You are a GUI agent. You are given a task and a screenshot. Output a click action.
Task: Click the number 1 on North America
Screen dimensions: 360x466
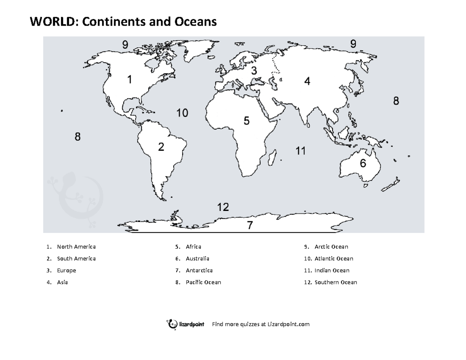pos(129,80)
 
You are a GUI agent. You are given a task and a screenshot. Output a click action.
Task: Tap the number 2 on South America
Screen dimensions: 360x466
pos(161,147)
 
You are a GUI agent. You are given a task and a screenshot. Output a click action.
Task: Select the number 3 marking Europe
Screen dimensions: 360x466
pos(254,71)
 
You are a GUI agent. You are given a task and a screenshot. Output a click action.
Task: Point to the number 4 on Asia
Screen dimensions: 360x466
pos(307,82)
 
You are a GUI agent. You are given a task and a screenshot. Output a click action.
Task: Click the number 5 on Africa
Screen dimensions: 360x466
pos(246,121)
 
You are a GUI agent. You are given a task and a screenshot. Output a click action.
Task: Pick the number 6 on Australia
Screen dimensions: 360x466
pos(362,163)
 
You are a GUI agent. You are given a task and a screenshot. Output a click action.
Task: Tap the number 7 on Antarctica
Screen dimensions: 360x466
pos(250,225)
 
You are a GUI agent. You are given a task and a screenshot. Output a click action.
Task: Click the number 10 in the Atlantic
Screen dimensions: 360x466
pos(182,113)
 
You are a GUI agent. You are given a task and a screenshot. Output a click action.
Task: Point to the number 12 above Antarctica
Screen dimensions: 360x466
pos(223,207)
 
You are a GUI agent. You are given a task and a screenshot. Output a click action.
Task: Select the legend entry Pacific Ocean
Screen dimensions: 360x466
pos(203,282)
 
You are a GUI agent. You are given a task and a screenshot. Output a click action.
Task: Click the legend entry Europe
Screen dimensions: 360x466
pos(66,270)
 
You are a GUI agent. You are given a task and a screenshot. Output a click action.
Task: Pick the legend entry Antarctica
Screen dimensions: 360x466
pos(199,270)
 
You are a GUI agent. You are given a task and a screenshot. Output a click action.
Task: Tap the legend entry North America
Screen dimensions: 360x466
pos(76,247)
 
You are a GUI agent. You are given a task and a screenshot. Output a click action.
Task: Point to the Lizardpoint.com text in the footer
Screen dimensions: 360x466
pos(288,324)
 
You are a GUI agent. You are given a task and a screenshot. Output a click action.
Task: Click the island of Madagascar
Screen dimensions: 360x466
pos(273,156)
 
